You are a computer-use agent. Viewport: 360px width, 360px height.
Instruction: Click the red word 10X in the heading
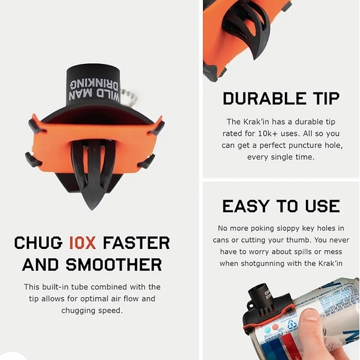coord(83,243)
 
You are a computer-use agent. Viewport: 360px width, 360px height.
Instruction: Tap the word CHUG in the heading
coord(38,243)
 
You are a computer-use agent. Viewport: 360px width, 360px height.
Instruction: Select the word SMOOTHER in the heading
coord(114,264)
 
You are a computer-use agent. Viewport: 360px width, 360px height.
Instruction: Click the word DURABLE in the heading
coord(264,99)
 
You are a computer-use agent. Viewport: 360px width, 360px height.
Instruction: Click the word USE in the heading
coord(323,206)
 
